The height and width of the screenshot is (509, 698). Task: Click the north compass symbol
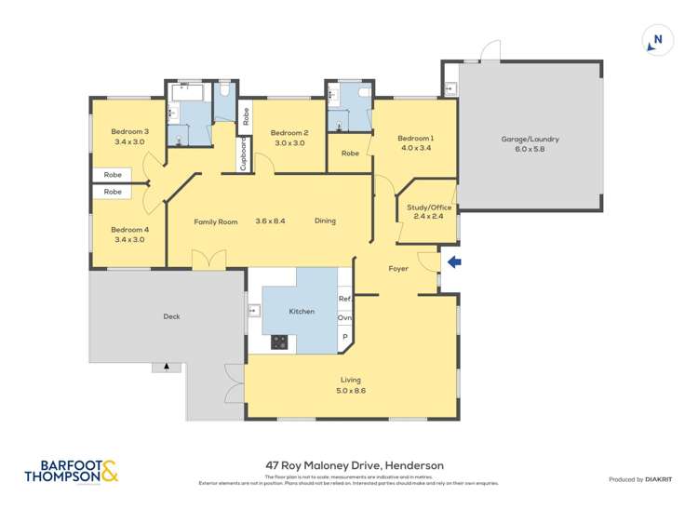point(657,40)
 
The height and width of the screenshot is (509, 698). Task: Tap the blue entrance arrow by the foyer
point(454,262)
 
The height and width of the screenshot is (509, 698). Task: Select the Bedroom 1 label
point(417,138)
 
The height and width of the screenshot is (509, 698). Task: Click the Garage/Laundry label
point(530,139)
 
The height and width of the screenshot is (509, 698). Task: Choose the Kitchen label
point(302,311)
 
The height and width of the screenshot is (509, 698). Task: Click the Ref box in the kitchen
point(344,299)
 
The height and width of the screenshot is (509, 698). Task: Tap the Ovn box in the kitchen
point(344,317)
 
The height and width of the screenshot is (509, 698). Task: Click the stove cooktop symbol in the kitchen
point(278,342)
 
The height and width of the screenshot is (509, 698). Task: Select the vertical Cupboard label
point(244,154)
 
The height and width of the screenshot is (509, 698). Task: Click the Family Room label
point(216,221)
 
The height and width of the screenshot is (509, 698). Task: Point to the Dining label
point(325,221)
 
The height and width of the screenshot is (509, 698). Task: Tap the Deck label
point(171,316)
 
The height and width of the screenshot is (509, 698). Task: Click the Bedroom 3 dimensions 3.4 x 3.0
point(129,142)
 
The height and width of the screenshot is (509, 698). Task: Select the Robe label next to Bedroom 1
point(350,154)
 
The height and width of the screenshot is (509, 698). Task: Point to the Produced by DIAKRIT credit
point(639,479)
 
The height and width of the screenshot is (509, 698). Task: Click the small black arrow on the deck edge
point(167,367)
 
